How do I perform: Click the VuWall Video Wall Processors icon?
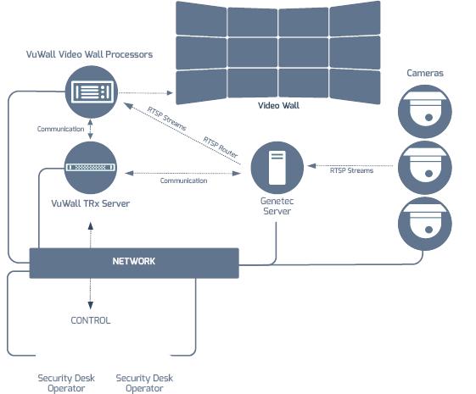(92, 92)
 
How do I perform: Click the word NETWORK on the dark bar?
(134, 261)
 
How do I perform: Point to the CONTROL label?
(90, 320)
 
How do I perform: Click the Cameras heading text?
(424, 73)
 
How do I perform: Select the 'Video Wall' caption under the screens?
(278, 106)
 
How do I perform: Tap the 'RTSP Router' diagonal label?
(221, 146)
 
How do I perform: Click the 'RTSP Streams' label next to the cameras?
(351, 170)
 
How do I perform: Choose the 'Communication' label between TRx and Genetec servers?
(183, 180)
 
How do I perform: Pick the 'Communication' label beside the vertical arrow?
(60, 129)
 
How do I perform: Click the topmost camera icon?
(424, 110)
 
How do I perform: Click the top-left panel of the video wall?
(201, 19)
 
